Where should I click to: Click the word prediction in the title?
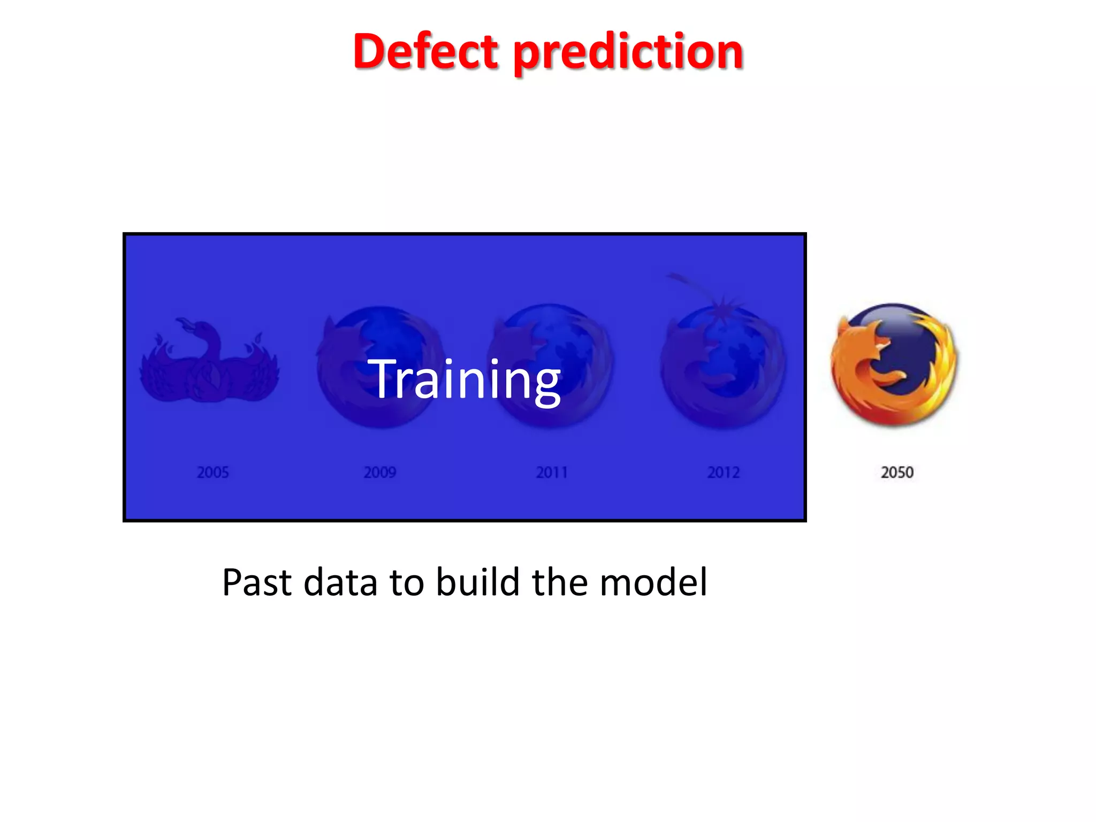[x=628, y=54]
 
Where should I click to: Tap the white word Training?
[x=464, y=380]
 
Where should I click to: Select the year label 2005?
[x=212, y=473]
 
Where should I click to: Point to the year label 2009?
[x=380, y=473]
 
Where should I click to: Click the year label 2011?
[x=552, y=473]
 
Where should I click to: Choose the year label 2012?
[x=724, y=473]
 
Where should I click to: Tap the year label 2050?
[x=897, y=473]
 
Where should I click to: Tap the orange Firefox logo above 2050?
[x=894, y=364]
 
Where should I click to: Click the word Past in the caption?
[x=256, y=582]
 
